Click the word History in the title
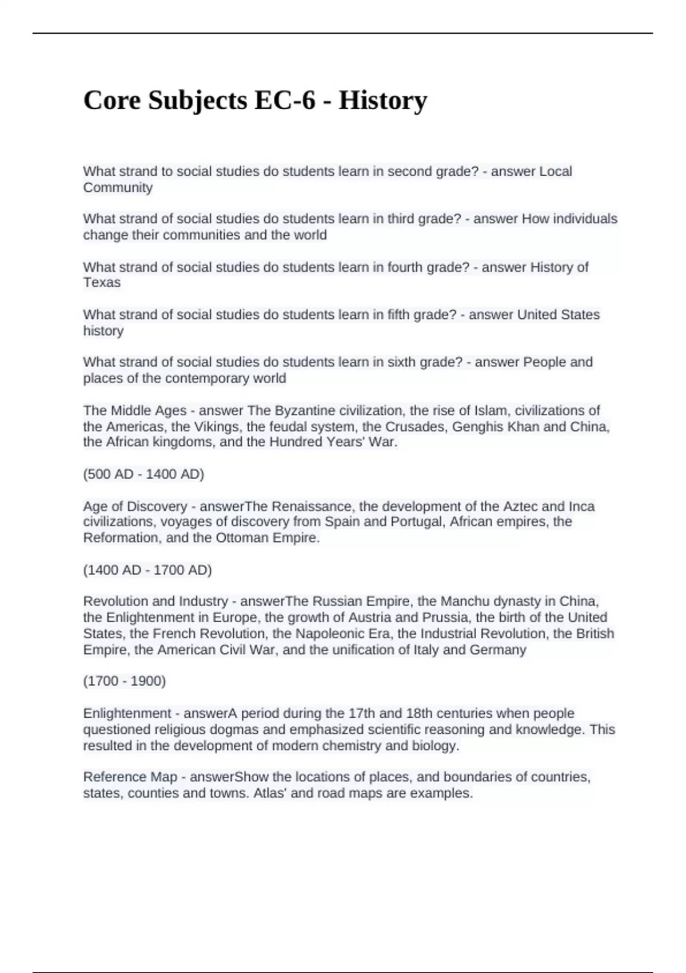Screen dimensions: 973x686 (382, 101)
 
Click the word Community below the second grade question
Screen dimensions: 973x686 (118, 188)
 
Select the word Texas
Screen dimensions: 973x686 (102, 283)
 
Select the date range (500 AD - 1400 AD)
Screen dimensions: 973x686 (143, 474)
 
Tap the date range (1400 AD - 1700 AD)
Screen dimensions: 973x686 (147, 570)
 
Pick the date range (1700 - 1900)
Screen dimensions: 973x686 (125, 681)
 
